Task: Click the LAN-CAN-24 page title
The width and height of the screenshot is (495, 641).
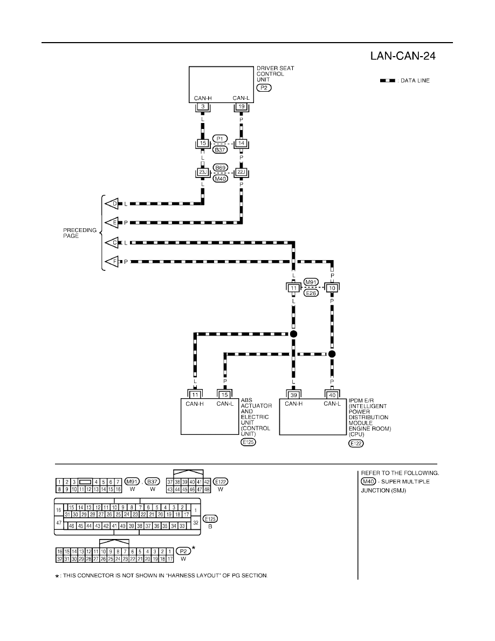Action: click(403, 56)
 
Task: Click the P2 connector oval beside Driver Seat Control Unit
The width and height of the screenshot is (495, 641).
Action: click(264, 87)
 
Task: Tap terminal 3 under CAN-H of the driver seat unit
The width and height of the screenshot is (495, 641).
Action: click(203, 107)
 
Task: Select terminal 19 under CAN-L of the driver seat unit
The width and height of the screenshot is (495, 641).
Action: click(242, 107)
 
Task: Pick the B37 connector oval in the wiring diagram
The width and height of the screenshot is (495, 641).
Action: click(220, 149)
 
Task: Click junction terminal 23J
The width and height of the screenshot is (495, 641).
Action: click(203, 173)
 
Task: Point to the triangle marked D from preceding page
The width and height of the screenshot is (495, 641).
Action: click(112, 203)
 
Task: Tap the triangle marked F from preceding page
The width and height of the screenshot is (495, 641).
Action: click(112, 262)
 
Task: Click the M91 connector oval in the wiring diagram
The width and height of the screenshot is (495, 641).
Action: click(311, 282)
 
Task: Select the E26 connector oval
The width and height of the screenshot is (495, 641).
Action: click(311, 293)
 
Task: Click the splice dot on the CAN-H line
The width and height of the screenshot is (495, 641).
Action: click(293, 334)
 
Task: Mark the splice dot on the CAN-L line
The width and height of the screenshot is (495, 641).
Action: click(332, 353)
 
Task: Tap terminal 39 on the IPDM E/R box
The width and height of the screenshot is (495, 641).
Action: click(293, 395)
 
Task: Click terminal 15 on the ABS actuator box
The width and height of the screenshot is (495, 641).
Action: click(225, 395)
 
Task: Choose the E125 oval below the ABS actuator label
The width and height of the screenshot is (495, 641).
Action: click(249, 442)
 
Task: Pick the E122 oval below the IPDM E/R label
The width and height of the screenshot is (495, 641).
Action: click(356, 443)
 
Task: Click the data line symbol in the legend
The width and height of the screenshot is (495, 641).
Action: click(388, 80)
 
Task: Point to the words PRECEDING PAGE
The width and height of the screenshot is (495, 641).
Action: click(80, 233)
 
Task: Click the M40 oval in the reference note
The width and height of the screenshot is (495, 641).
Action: click(368, 482)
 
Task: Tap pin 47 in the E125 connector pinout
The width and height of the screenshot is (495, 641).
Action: click(59, 523)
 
